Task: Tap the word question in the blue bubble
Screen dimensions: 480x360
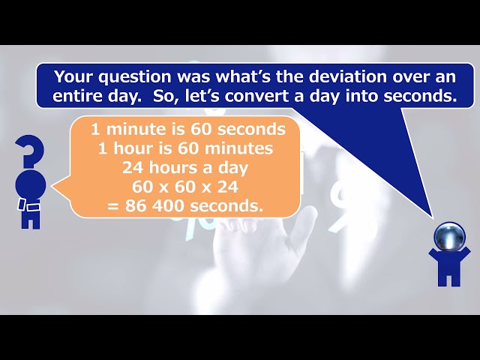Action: point(134,77)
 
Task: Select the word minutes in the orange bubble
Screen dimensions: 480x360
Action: point(238,148)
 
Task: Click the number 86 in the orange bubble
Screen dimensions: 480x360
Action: point(136,205)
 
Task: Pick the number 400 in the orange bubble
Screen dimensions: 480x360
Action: point(168,205)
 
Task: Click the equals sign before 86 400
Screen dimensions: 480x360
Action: point(113,206)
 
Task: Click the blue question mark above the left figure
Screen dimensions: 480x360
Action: point(31,151)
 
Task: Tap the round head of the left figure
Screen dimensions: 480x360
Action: point(30,184)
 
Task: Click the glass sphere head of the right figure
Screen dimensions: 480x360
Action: point(449,237)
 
